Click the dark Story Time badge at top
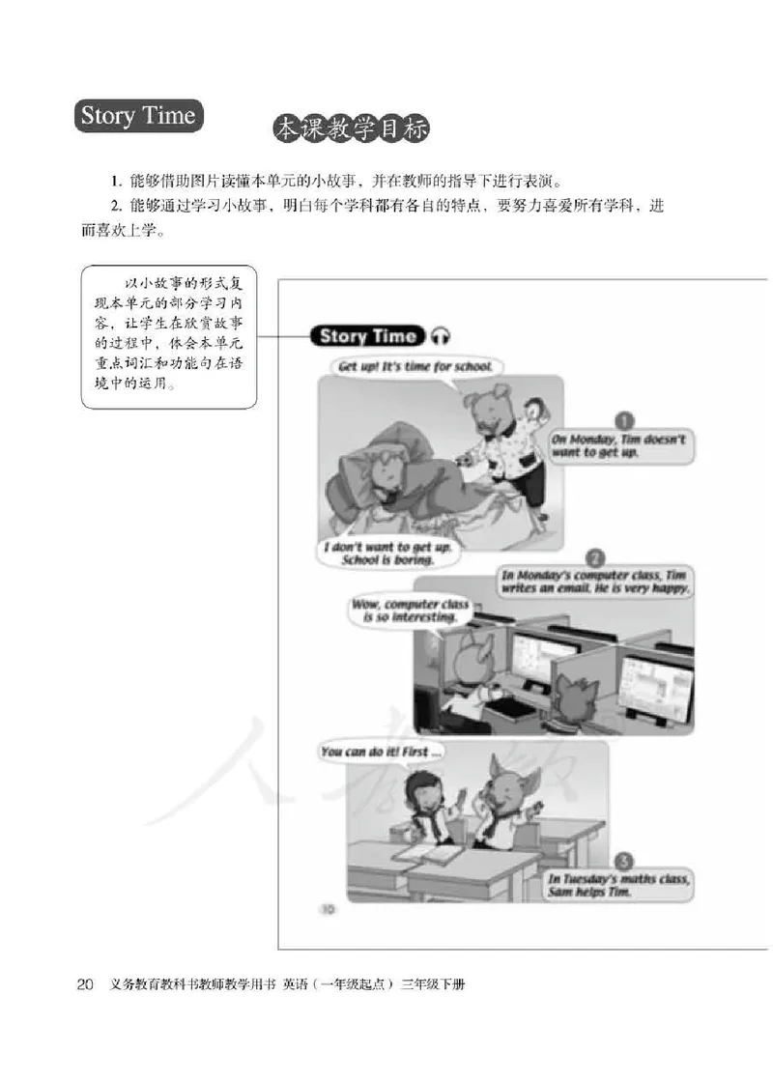click(138, 118)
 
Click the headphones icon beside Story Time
click(441, 336)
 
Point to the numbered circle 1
click(624, 422)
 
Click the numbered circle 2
click(595, 557)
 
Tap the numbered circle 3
click(624, 862)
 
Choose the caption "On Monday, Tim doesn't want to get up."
click(618, 445)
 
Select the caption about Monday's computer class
click(594, 582)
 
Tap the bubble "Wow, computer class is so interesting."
click(410, 612)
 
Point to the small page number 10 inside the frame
click(327, 908)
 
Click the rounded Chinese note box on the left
click(169, 336)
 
